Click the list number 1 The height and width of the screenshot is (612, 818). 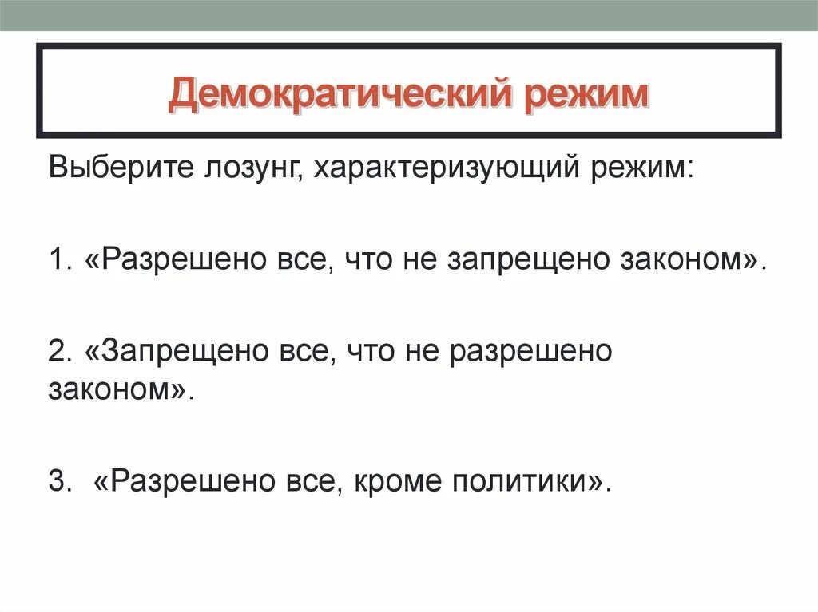click(x=55, y=260)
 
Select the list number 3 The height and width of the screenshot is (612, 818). click(x=56, y=480)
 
